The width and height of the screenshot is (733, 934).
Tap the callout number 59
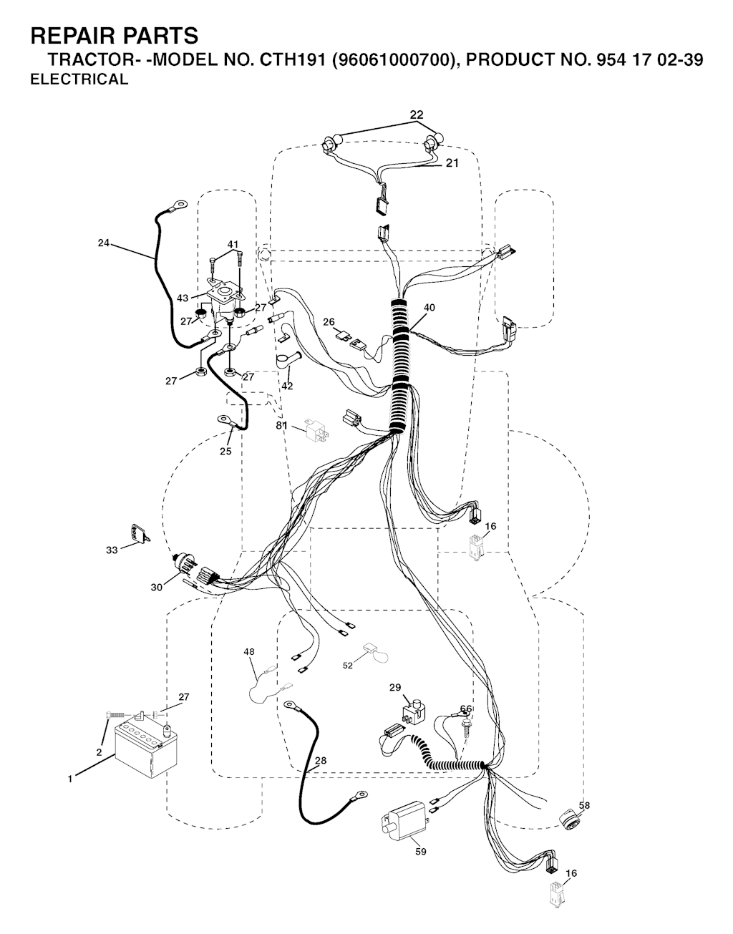tap(421, 852)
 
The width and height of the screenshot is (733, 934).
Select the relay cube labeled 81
tap(317, 430)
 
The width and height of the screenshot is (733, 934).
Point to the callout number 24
tap(104, 243)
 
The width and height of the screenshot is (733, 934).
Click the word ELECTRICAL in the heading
tap(79, 79)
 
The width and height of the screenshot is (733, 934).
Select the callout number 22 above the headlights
tap(417, 115)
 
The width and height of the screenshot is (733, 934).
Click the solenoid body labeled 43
tap(223, 301)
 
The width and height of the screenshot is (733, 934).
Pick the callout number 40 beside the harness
tap(429, 307)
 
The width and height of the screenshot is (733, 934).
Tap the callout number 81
tap(281, 425)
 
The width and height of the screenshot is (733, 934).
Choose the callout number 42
tap(287, 386)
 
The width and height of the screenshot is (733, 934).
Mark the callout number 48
tap(249, 651)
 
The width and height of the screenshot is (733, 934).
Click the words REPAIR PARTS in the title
tap(115, 35)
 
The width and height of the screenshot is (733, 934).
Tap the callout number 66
tap(465, 709)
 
